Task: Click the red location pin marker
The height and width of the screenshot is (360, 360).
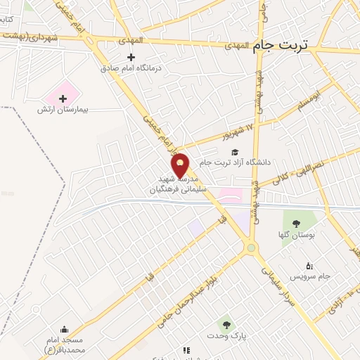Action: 181,166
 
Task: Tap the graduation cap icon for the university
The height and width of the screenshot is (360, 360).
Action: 235,152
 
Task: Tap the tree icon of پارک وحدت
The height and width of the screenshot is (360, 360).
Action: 226,324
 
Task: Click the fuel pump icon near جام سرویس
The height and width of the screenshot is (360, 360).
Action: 309,265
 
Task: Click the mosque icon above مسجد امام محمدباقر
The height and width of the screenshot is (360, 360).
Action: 65,329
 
